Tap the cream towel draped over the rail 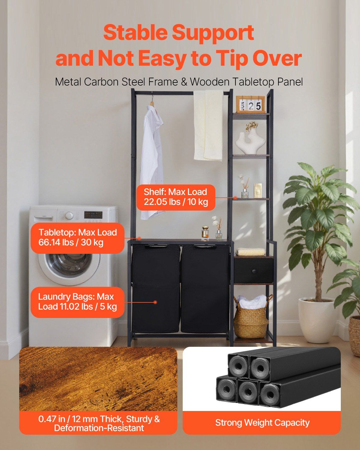(208, 125)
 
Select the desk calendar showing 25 (250, 104)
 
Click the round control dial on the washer (69, 215)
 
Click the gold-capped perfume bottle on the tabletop (205, 232)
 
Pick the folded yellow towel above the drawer (250, 252)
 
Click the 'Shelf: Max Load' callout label (176, 197)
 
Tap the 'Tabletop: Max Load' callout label (77, 238)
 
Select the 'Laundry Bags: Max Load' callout (77, 302)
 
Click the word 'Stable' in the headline (135, 32)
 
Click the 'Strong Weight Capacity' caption (262, 422)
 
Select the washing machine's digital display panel (93, 214)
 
